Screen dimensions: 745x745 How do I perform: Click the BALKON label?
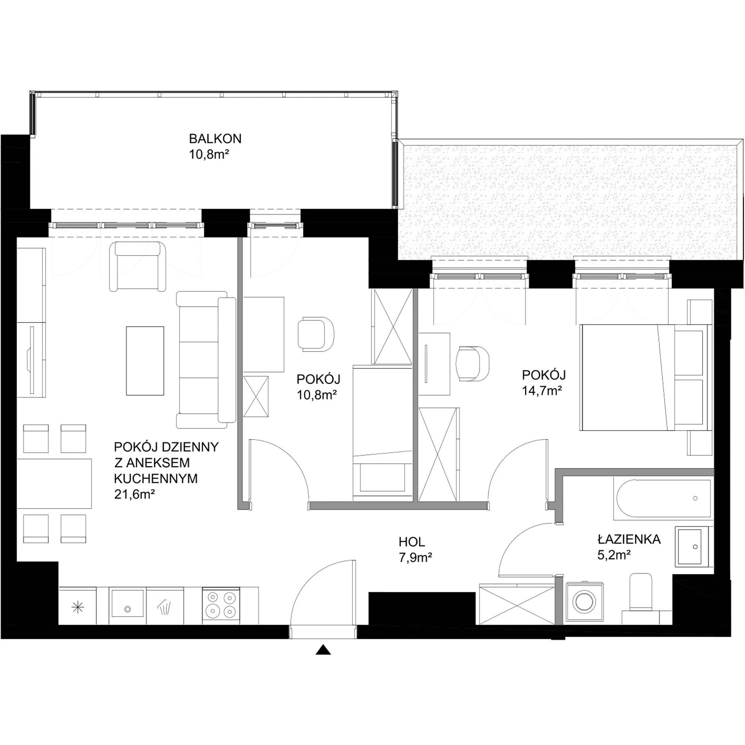(x=215, y=139)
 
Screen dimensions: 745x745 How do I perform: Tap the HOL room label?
(x=412, y=542)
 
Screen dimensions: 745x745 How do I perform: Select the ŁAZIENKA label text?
(x=629, y=539)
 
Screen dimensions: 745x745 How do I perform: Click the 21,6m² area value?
(x=134, y=494)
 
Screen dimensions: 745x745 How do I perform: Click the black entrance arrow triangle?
(x=323, y=650)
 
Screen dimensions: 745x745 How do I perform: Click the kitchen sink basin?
(x=127, y=604)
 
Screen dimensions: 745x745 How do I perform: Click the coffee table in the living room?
(x=145, y=361)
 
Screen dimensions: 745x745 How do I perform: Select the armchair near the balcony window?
(x=138, y=266)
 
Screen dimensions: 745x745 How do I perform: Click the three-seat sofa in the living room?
(x=206, y=360)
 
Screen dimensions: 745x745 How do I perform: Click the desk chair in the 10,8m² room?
(x=316, y=333)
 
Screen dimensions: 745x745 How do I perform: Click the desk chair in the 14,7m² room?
(x=473, y=363)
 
